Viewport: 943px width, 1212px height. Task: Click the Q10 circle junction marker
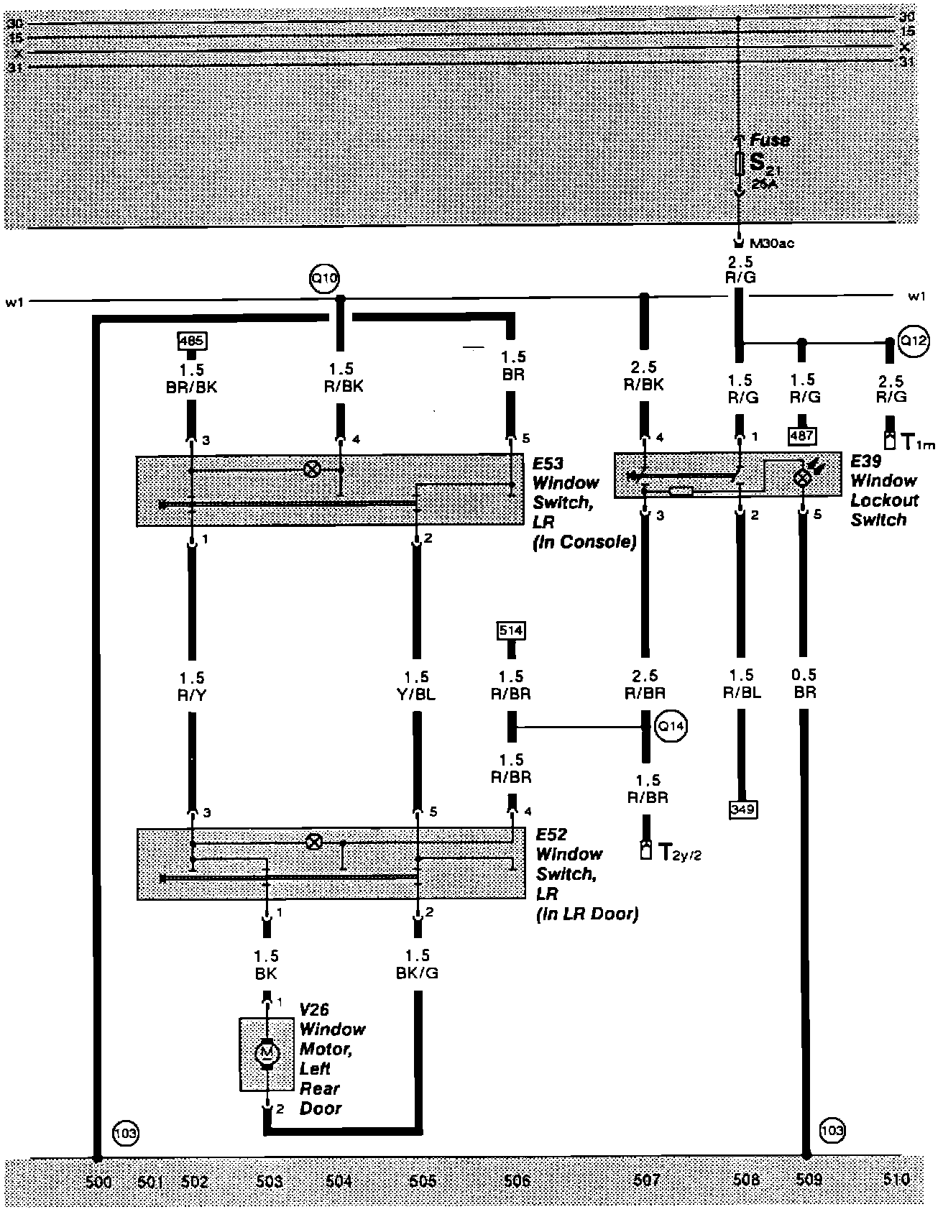323,278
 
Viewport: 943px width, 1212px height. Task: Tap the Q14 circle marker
671,726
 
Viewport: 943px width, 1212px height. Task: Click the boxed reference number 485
190,339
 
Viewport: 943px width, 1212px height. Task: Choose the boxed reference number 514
511,630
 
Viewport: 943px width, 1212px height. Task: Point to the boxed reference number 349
742,809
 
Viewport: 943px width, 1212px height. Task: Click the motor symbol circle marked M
267,1054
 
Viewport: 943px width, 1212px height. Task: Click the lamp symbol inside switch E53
313,469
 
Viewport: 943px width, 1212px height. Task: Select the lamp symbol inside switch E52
314,842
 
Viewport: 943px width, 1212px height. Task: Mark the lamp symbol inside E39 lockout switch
802,478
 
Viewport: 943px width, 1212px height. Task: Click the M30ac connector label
771,243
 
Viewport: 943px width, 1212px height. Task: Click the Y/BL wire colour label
416,695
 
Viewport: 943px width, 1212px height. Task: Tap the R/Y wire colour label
192,695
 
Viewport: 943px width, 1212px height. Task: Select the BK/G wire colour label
417,973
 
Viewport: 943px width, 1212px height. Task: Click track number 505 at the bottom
423,1180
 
